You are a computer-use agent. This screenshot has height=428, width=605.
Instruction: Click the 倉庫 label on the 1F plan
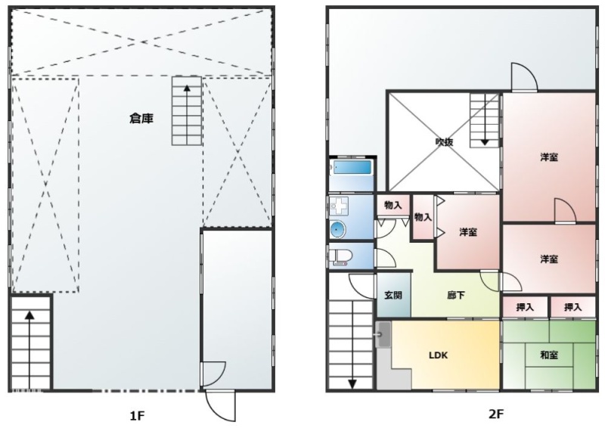click(141, 118)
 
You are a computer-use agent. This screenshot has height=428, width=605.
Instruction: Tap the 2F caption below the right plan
click(497, 414)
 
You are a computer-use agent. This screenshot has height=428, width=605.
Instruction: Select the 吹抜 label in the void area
click(444, 142)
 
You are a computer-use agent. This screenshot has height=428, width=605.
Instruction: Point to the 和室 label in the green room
click(550, 355)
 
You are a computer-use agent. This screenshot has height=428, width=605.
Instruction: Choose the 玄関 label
click(392, 296)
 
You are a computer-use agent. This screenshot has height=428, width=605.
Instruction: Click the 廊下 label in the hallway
click(456, 296)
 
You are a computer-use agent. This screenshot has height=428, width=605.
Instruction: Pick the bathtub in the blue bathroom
click(352, 168)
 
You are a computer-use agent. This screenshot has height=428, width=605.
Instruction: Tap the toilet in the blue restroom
click(340, 254)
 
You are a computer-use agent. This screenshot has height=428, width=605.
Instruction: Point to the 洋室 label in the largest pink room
click(549, 157)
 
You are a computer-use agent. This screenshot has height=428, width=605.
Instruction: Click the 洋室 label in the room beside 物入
click(468, 232)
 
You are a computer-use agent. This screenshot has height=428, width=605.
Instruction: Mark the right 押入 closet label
click(572, 307)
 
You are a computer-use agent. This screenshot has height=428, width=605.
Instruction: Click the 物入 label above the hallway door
click(392, 205)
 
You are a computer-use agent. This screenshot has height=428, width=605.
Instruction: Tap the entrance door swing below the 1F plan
click(222, 405)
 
